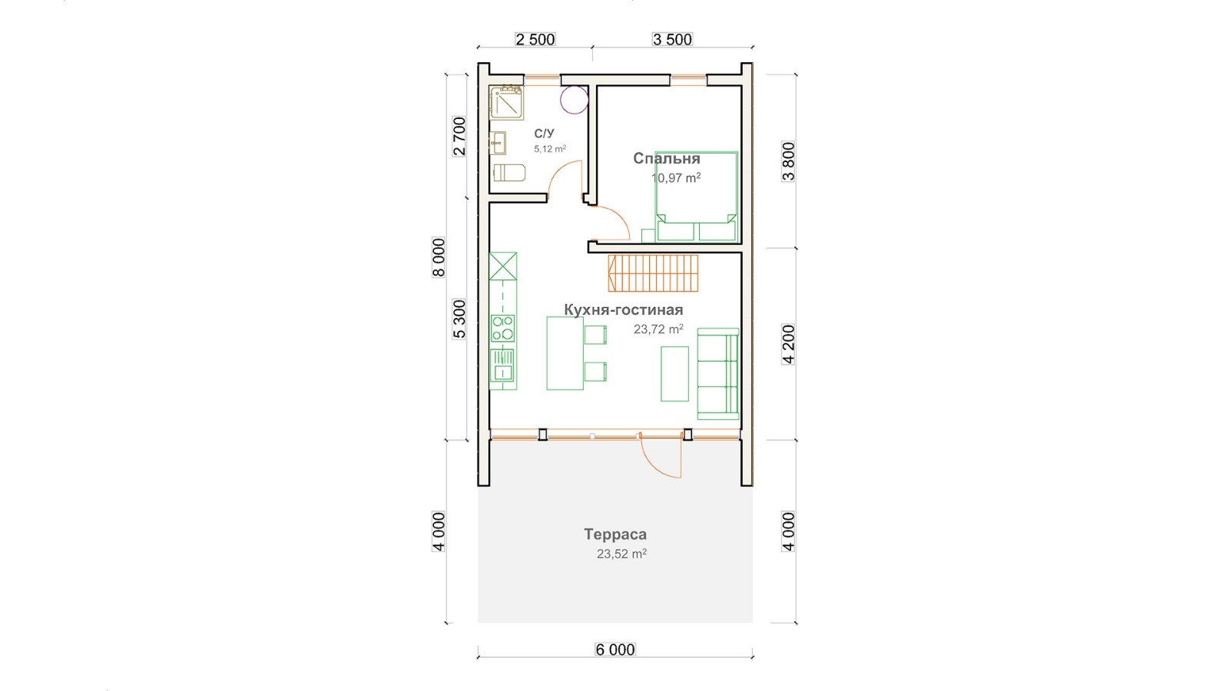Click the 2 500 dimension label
[x=535, y=39]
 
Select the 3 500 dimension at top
[x=672, y=39]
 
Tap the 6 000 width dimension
[x=615, y=650]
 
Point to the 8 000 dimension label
[x=439, y=258]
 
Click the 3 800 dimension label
[x=788, y=162]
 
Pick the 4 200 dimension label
[x=788, y=345]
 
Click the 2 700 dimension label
[x=459, y=137]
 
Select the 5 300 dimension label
[x=459, y=319]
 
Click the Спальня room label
[x=667, y=158]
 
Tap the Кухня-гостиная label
[x=623, y=310]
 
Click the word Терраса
[x=615, y=534]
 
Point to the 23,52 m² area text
[x=621, y=554]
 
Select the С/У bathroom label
[x=545, y=134]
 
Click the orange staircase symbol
[x=653, y=273]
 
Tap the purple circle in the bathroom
[x=575, y=100]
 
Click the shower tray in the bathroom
[x=506, y=102]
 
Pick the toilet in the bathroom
[x=509, y=173]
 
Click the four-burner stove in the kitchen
[x=502, y=328]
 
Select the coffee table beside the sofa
[x=675, y=374]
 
